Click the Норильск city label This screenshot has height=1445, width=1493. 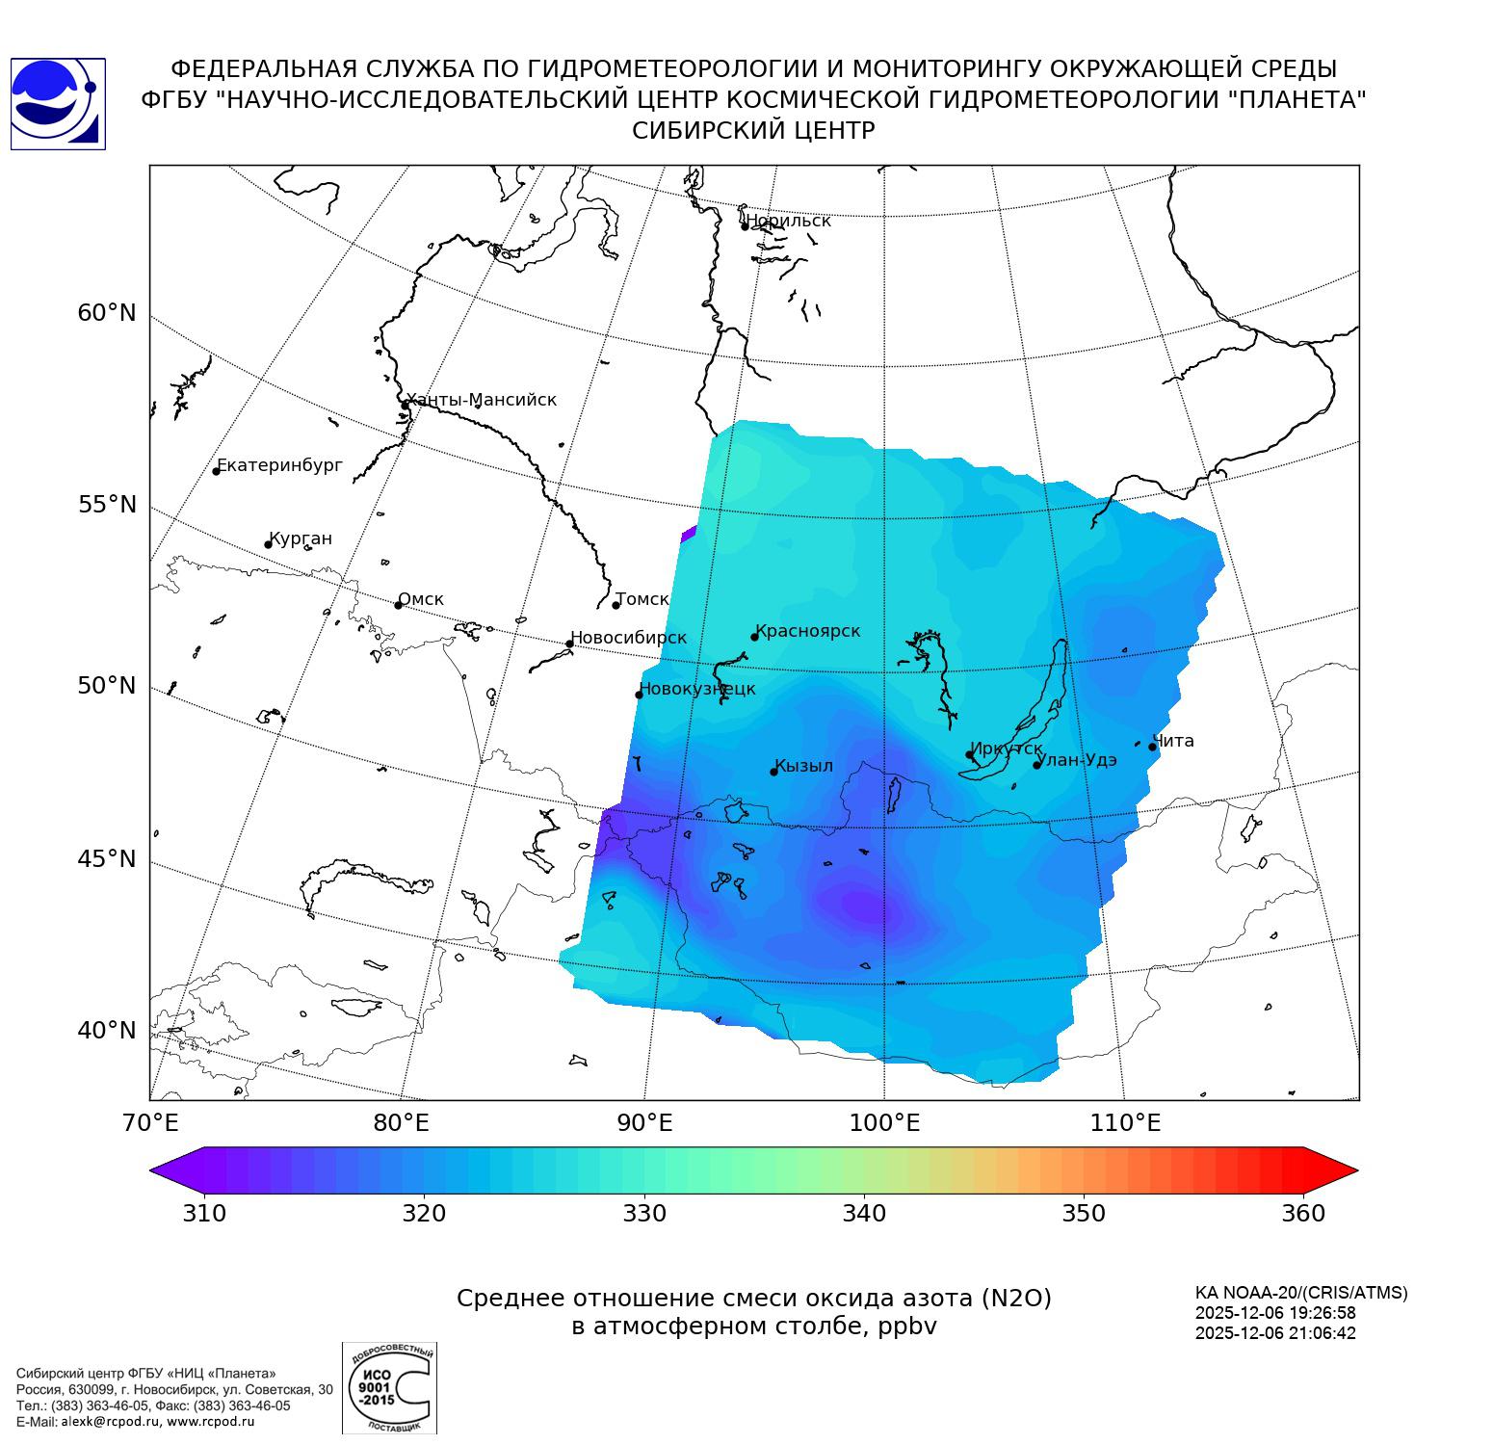point(788,221)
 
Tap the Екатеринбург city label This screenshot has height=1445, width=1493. point(279,466)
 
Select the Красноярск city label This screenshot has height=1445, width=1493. point(807,631)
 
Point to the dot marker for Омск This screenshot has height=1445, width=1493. point(398,605)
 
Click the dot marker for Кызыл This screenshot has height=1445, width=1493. point(773,772)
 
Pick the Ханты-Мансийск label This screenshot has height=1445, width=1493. point(481,400)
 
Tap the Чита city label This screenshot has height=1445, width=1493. point(1173,741)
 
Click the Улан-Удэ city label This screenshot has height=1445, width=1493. point(1077,760)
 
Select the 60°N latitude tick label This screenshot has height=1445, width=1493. point(107,313)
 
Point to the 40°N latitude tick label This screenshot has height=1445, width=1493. point(107,1031)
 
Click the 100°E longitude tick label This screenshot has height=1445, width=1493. point(885,1122)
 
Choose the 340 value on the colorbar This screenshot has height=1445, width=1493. point(864,1213)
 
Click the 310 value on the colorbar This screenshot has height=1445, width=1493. point(204,1213)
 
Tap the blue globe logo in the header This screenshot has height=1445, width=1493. point(58,104)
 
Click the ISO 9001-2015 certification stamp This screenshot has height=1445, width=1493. point(389,1387)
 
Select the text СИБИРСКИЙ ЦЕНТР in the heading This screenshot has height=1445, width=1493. point(753,131)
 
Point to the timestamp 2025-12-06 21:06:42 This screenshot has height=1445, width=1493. point(1275,1333)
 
